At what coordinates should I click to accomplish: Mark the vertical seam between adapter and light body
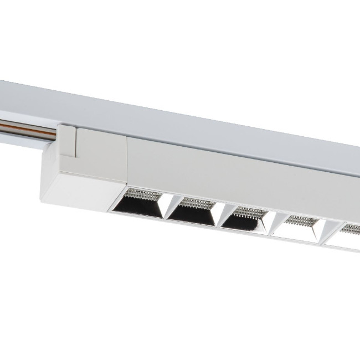coord(127,161)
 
